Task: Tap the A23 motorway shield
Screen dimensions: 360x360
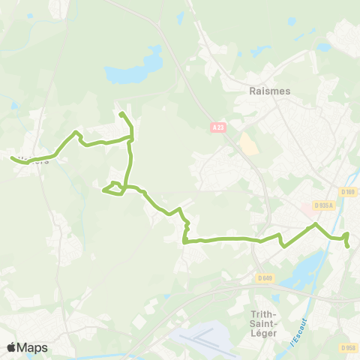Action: [217, 128]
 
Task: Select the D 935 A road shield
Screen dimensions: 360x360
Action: [324, 205]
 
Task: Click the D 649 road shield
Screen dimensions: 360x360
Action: [265, 278]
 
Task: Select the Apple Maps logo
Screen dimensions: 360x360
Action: [27, 347]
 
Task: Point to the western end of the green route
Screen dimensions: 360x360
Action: [12, 157]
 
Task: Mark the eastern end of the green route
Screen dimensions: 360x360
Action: [348, 246]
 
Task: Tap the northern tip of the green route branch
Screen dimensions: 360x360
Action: [120, 113]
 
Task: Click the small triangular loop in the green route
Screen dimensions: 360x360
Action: [113, 188]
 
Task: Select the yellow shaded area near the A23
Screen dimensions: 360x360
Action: [248, 144]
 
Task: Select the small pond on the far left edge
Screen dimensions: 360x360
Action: [14, 106]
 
